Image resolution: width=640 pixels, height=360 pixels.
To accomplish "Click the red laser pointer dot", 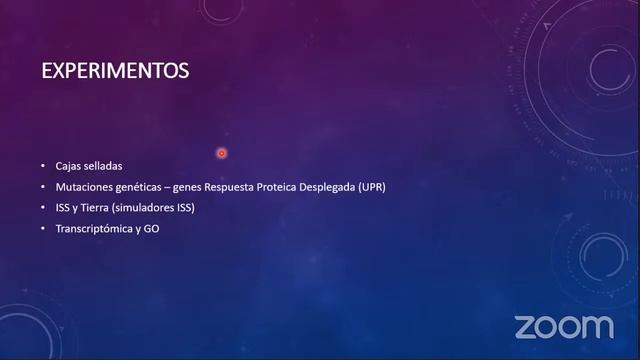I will [221, 153].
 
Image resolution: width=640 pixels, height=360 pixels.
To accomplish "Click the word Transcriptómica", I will [94, 229].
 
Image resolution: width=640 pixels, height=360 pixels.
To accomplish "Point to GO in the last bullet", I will [151, 229].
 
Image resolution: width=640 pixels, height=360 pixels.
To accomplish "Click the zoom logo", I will [564, 326].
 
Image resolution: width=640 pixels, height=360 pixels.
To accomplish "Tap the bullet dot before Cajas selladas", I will [43, 166].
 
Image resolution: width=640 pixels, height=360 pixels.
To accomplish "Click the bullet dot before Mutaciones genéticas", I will [43, 187].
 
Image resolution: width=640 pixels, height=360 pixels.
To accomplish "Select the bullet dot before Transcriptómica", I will [43, 229].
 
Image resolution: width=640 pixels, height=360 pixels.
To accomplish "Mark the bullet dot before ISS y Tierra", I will [43, 208].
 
